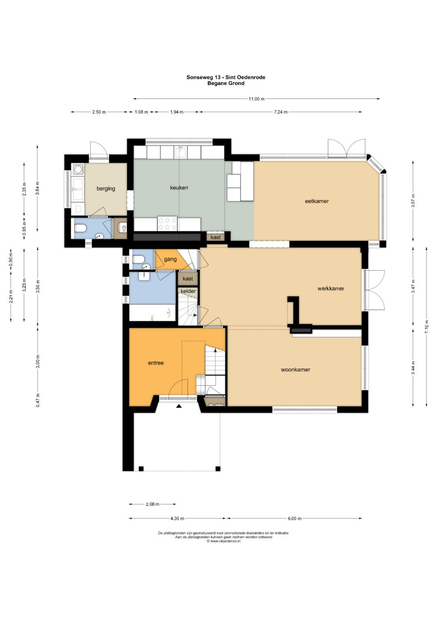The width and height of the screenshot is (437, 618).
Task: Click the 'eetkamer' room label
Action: pos(317,201)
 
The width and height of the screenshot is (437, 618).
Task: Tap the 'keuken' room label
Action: pos(179,188)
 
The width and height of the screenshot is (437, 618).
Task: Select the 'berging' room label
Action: pos(106,189)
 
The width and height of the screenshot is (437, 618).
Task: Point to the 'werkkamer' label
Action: pos(331,289)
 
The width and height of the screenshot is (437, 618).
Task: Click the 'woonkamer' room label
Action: pos(295,370)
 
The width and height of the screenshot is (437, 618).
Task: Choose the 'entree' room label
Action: pos(156,363)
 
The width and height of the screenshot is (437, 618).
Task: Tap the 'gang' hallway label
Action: pos(170,259)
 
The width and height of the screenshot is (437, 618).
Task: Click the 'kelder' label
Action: pos(188,291)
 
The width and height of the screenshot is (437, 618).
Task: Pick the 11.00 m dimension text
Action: pos(257,99)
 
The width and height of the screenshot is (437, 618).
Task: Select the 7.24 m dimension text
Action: pos(280,112)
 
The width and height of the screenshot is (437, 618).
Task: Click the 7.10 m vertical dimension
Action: pos(426,327)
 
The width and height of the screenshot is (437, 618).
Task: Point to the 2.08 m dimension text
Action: pos(153,504)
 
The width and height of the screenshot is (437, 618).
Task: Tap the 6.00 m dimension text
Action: pos(295,518)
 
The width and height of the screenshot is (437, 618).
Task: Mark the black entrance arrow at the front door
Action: pos(179,406)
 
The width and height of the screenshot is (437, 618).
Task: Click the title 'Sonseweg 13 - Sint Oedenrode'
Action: pos(226,77)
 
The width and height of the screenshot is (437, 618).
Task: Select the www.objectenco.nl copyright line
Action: pos(224,541)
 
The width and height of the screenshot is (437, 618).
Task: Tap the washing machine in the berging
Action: pos(78,169)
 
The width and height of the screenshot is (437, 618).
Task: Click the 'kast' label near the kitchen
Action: pos(215,237)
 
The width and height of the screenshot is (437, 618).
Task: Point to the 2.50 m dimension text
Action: pos(99,112)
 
